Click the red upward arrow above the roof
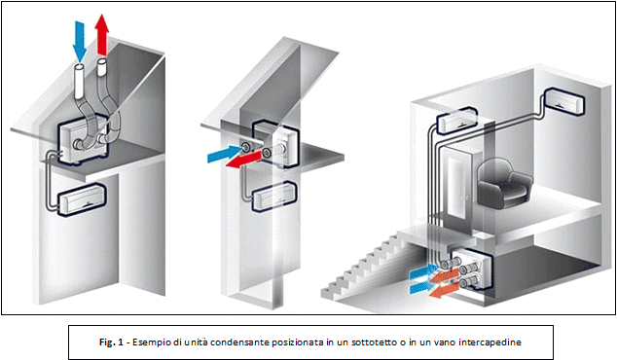(x=102, y=35)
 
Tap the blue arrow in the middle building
(x=224, y=154)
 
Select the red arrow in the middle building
(x=243, y=160)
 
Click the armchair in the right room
(x=505, y=183)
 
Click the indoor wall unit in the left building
(x=82, y=199)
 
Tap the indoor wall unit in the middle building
(x=273, y=196)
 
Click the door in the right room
(x=458, y=187)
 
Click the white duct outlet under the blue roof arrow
(x=80, y=83)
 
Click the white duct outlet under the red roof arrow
(x=102, y=68)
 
